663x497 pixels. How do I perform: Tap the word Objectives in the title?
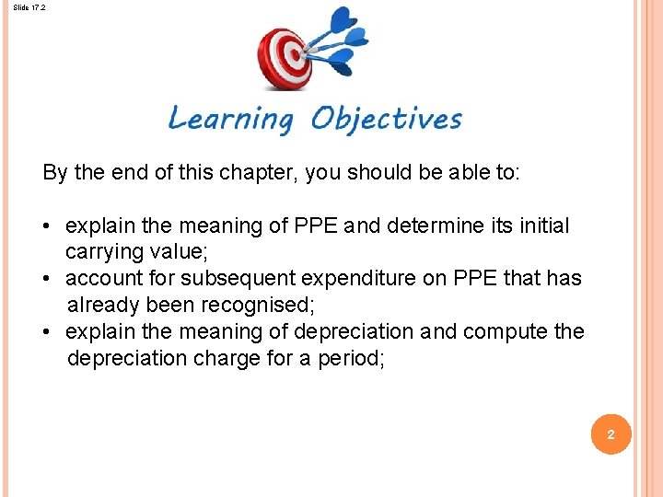386,119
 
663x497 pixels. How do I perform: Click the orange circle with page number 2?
610,432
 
